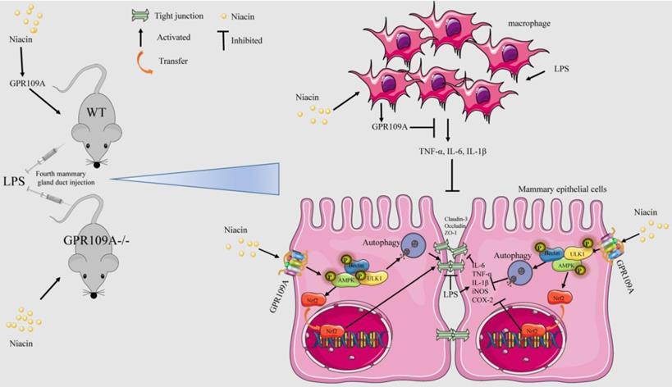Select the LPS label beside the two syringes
(13, 177)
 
